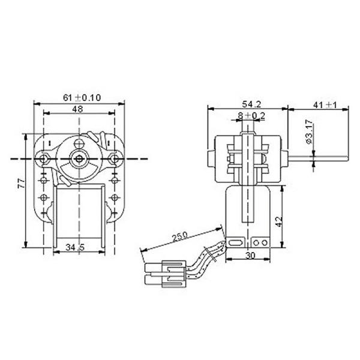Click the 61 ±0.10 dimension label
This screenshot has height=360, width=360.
82,98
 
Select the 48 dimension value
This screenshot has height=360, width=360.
77,109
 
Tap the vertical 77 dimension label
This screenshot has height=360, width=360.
22,184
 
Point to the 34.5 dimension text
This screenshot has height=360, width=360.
75,247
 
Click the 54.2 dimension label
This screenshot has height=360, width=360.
251,104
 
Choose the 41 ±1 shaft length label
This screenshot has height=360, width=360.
325,105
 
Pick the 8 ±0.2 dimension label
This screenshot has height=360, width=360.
251,116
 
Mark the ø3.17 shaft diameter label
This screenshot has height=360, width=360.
309,131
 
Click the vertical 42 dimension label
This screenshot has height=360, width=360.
279,221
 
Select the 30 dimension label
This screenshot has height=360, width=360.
250,255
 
